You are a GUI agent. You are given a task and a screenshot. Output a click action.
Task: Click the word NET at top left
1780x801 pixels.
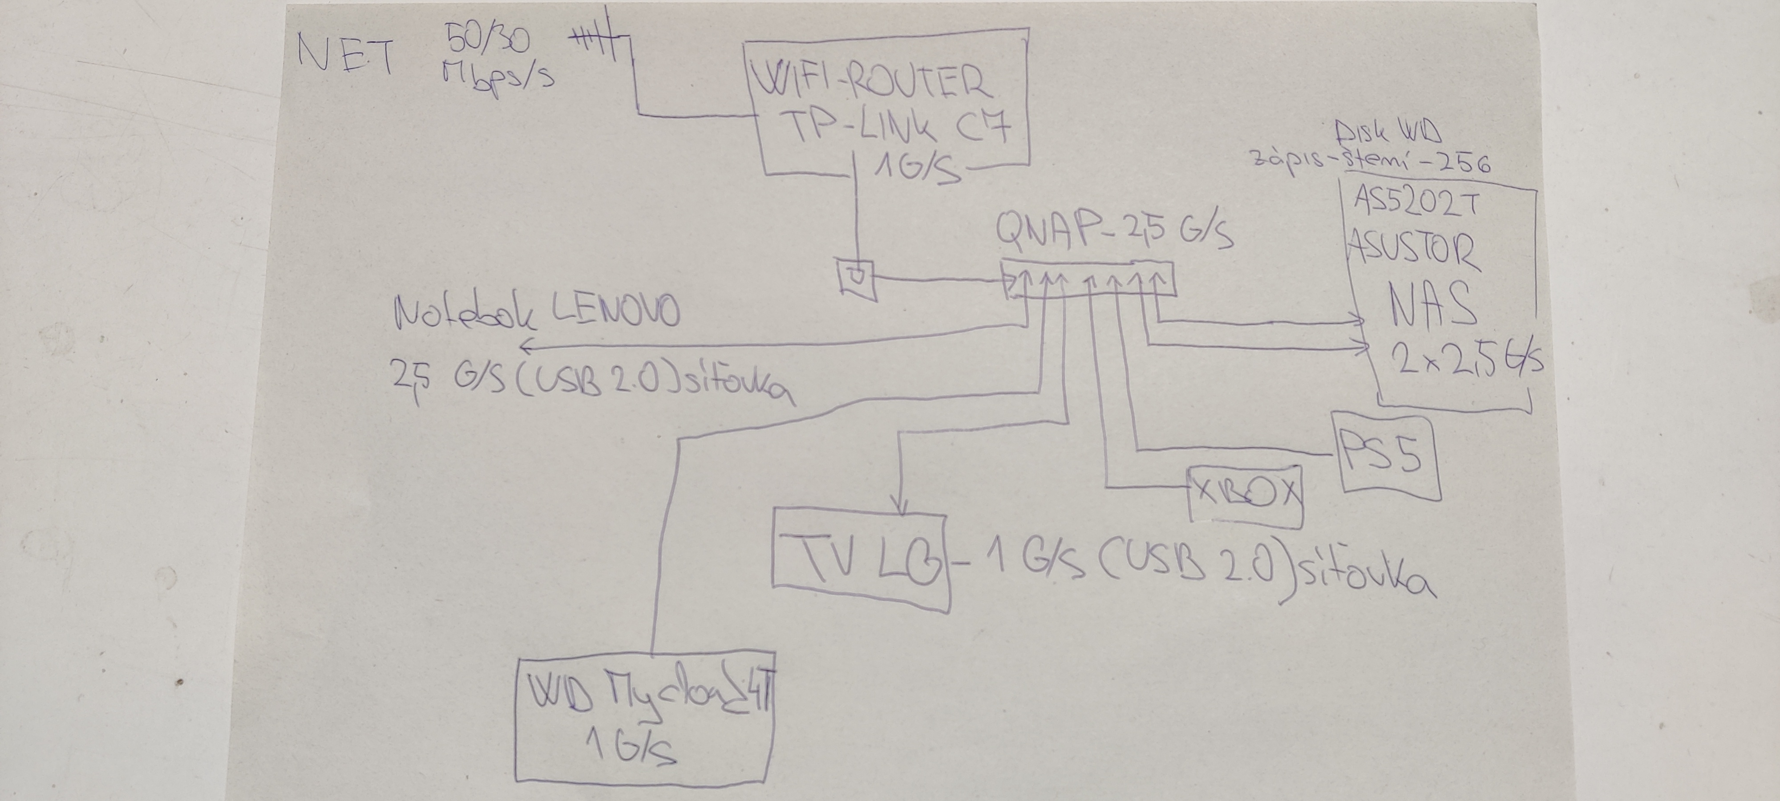[x=345, y=55]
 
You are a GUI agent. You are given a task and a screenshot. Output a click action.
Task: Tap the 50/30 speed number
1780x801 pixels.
[x=488, y=40]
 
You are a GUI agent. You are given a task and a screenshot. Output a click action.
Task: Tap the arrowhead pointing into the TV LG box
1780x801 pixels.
[x=900, y=508]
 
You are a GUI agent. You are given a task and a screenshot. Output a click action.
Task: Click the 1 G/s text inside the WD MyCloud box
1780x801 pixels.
[x=629, y=746]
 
